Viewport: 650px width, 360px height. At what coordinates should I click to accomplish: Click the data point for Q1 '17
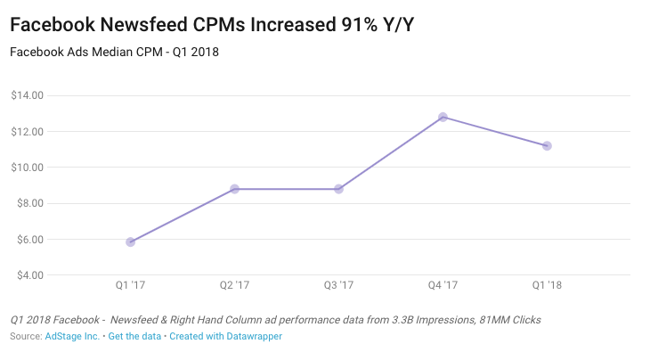pos(131,241)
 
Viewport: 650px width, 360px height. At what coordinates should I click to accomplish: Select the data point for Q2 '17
pos(235,189)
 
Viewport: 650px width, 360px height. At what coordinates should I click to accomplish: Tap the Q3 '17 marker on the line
pos(339,189)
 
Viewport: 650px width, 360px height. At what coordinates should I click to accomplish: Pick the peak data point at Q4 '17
pos(443,117)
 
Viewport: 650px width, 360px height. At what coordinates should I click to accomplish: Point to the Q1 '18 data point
pos(547,145)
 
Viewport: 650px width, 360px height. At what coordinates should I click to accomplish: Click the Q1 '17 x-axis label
pos(131,286)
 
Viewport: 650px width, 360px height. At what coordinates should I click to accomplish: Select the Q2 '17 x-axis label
pos(235,286)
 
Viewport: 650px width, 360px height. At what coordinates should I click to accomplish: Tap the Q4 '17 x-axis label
pos(443,286)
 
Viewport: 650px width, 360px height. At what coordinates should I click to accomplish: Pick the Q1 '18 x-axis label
pos(547,286)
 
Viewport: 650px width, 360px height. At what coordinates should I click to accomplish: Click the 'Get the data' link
pos(134,337)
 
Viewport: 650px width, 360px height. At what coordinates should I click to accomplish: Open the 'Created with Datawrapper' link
pos(226,337)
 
